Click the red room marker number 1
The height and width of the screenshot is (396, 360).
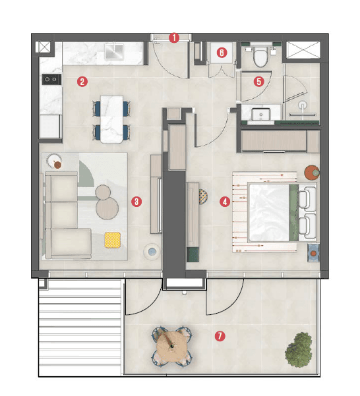[174, 38]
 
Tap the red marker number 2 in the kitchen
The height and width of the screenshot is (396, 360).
[82, 82]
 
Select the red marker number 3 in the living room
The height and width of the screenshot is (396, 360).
[136, 202]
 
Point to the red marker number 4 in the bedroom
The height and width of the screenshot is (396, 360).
[225, 202]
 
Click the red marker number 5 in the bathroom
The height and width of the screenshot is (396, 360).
[258, 82]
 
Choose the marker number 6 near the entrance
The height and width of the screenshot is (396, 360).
[222, 52]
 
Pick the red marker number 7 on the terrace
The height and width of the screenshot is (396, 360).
[220, 336]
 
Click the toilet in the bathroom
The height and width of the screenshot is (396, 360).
[260, 57]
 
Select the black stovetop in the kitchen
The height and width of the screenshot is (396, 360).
[51, 80]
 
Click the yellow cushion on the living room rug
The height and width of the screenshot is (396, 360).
[113, 239]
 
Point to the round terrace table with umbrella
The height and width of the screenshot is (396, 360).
[171, 345]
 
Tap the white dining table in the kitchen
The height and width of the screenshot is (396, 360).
[112, 119]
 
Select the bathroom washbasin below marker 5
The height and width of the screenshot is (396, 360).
[261, 114]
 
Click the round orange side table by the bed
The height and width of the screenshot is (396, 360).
[311, 173]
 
